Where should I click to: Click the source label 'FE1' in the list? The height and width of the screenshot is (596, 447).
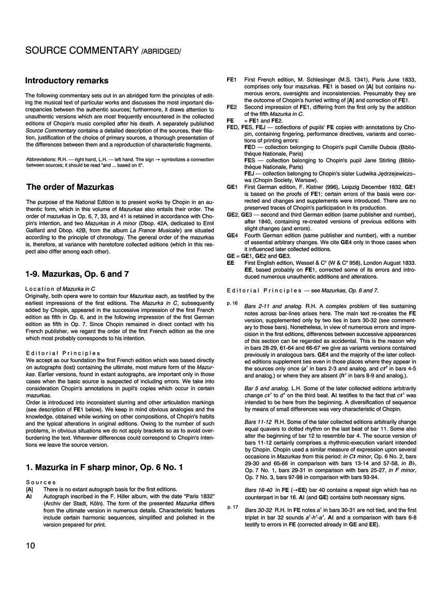(232, 79)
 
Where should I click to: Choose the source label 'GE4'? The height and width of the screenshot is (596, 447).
(232, 235)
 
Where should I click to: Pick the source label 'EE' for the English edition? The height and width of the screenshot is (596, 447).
(231, 263)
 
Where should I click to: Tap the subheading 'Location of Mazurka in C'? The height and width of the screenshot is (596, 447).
(61, 288)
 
